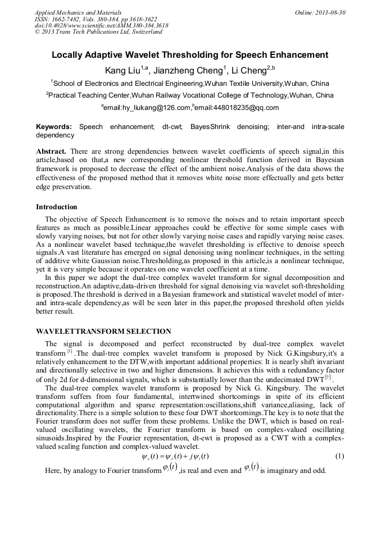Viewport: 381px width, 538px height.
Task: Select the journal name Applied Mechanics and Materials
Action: pyautogui.click(x=78, y=12)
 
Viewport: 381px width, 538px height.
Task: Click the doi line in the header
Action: pyautogui.click(x=101, y=25)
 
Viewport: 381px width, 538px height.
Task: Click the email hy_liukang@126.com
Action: pyautogui.click(x=147, y=108)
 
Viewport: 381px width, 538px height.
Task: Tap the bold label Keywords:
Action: pyautogui.click(x=54, y=127)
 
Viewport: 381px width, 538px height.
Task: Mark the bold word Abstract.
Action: pyautogui.click(x=51, y=151)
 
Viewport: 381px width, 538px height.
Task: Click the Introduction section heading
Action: pyautogui.click(x=57, y=207)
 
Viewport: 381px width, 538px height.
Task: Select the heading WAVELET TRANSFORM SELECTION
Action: pyautogui.click(x=103, y=332)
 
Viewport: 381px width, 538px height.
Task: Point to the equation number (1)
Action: pyautogui.click(x=339, y=456)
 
